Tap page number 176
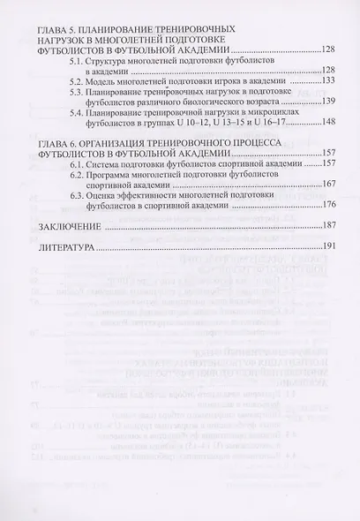[x=329, y=206]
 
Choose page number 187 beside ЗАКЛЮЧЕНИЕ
[x=329, y=227]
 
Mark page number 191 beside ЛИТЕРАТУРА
[x=329, y=248]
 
